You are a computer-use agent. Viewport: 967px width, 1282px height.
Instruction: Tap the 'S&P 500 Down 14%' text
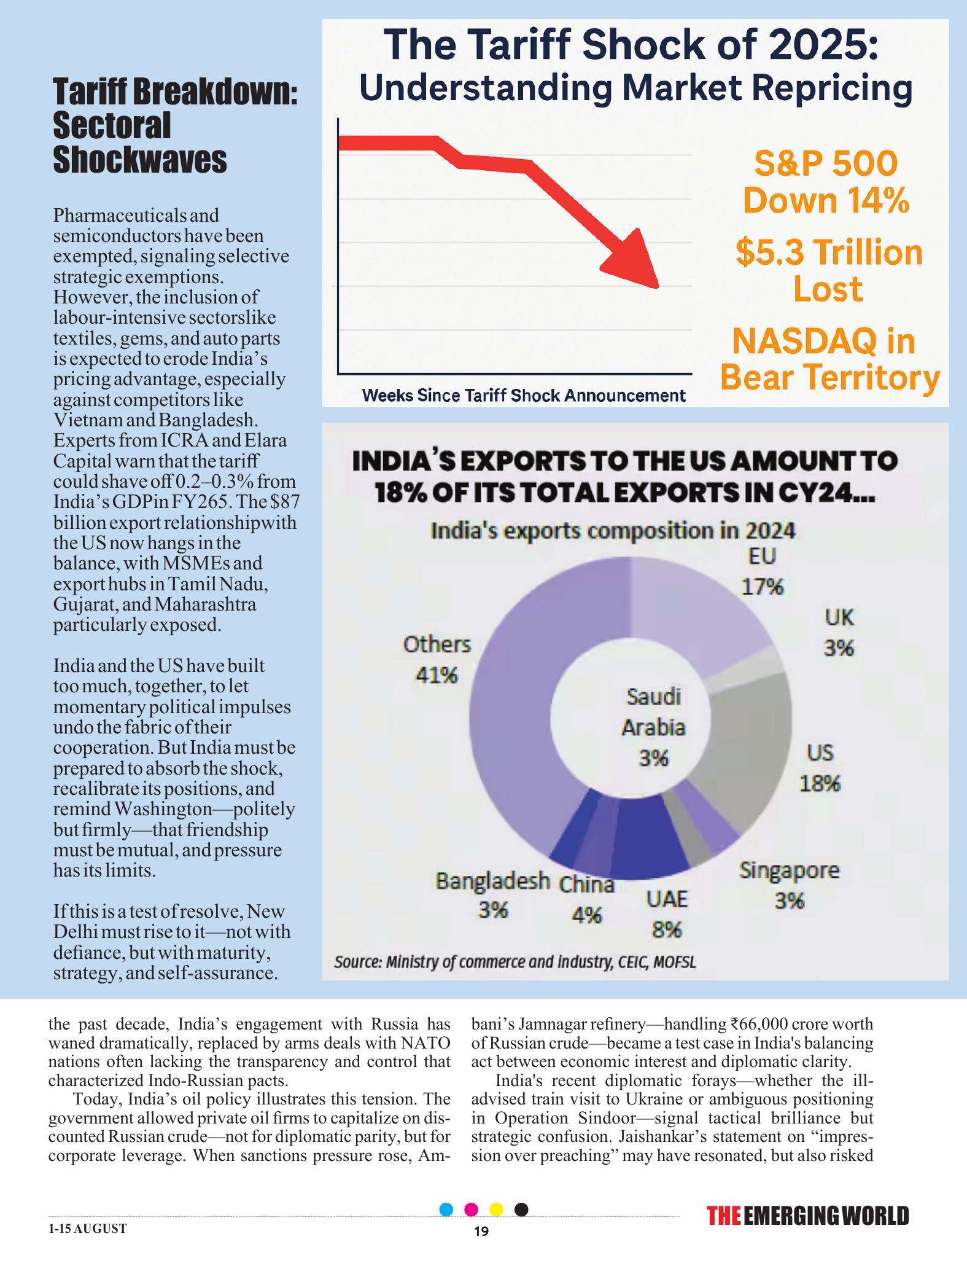click(x=826, y=182)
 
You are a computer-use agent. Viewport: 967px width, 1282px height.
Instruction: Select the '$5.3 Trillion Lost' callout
click(x=829, y=271)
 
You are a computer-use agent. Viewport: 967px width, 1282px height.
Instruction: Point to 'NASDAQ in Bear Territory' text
click(x=829, y=359)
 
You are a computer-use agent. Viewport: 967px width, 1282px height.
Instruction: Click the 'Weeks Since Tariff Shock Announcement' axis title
click(x=524, y=396)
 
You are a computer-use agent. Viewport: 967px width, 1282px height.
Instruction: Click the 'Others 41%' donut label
click(x=437, y=660)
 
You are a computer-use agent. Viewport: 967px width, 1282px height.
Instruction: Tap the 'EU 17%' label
click(x=763, y=571)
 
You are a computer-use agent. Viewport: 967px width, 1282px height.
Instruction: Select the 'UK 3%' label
click(x=839, y=632)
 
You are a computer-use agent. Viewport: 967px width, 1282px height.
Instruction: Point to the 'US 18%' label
click(x=820, y=768)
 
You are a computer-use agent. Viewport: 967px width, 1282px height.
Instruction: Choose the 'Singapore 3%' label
click(x=789, y=885)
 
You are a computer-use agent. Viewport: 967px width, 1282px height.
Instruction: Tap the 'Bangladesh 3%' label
click(x=492, y=895)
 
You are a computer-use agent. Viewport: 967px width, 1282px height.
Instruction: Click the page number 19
click(x=482, y=1232)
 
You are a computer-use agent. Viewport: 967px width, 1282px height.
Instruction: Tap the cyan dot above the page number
click(x=447, y=1210)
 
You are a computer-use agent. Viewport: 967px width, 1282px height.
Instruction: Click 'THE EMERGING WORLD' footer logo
click(x=808, y=1216)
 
